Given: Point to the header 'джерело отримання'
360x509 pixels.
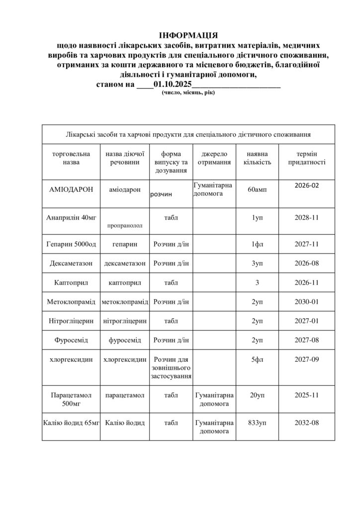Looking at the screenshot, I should [x=214, y=158].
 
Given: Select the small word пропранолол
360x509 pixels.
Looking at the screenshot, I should [x=124, y=225].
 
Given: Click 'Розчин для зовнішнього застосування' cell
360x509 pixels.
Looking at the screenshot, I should [x=171, y=368].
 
